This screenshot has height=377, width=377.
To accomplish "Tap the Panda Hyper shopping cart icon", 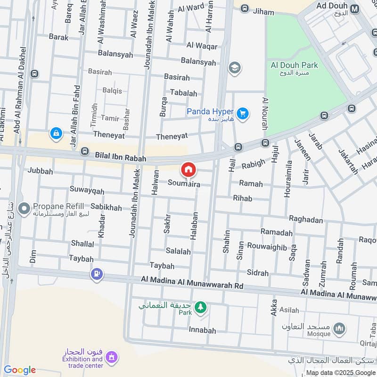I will click(243, 114).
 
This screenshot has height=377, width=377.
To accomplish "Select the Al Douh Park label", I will click(295, 66).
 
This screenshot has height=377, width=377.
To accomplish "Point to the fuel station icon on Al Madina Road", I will click(97, 274).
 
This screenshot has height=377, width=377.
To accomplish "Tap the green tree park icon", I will click(201, 307).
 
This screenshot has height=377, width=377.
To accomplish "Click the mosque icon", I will click(339, 328).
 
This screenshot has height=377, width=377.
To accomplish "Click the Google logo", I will click(20, 370).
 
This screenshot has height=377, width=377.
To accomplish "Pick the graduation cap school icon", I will click(234, 68).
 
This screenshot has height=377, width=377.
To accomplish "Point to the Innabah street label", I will click(203, 331).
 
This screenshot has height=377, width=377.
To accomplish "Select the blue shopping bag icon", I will click(56, 133).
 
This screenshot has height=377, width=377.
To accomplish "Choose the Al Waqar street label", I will click(202, 46).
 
